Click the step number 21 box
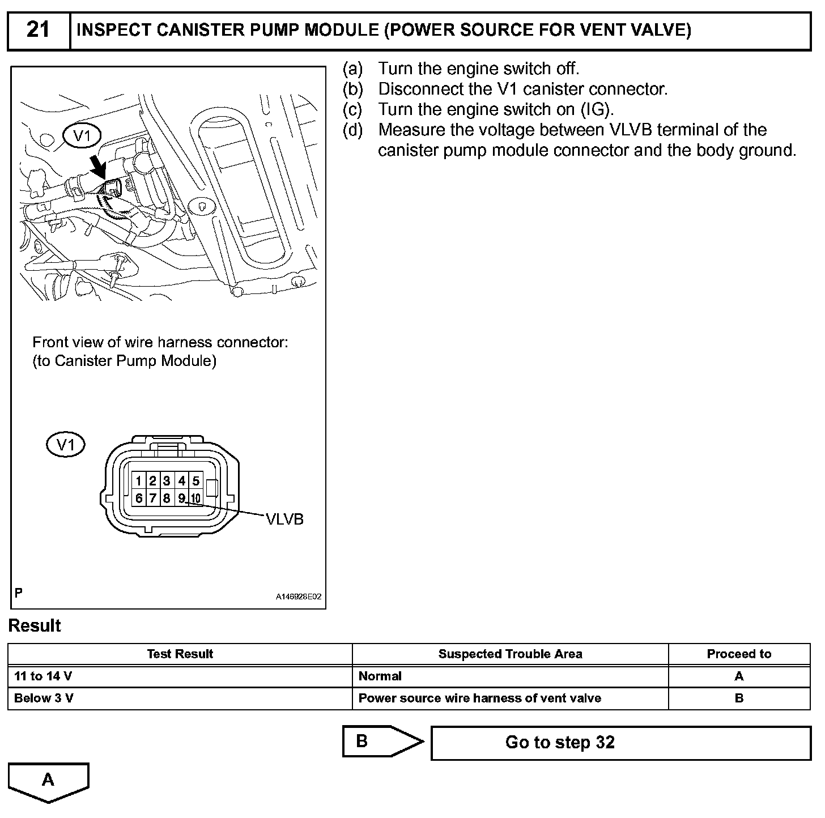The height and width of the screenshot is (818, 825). (39, 30)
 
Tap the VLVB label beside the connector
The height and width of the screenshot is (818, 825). (284, 519)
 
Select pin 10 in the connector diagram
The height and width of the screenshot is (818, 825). (195, 499)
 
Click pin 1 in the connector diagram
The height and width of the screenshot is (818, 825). (138, 481)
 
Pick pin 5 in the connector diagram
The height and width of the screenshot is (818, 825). (195, 481)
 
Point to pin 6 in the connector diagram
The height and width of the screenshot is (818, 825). (138, 499)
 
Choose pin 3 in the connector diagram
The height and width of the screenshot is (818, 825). (167, 481)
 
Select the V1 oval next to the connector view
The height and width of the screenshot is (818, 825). (66, 445)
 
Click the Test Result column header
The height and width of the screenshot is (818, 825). (180, 654)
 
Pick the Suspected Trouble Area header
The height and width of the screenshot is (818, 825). (510, 654)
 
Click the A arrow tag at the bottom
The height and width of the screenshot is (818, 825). (49, 781)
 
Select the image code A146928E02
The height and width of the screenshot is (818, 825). (299, 597)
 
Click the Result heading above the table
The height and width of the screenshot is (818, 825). (35, 626)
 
